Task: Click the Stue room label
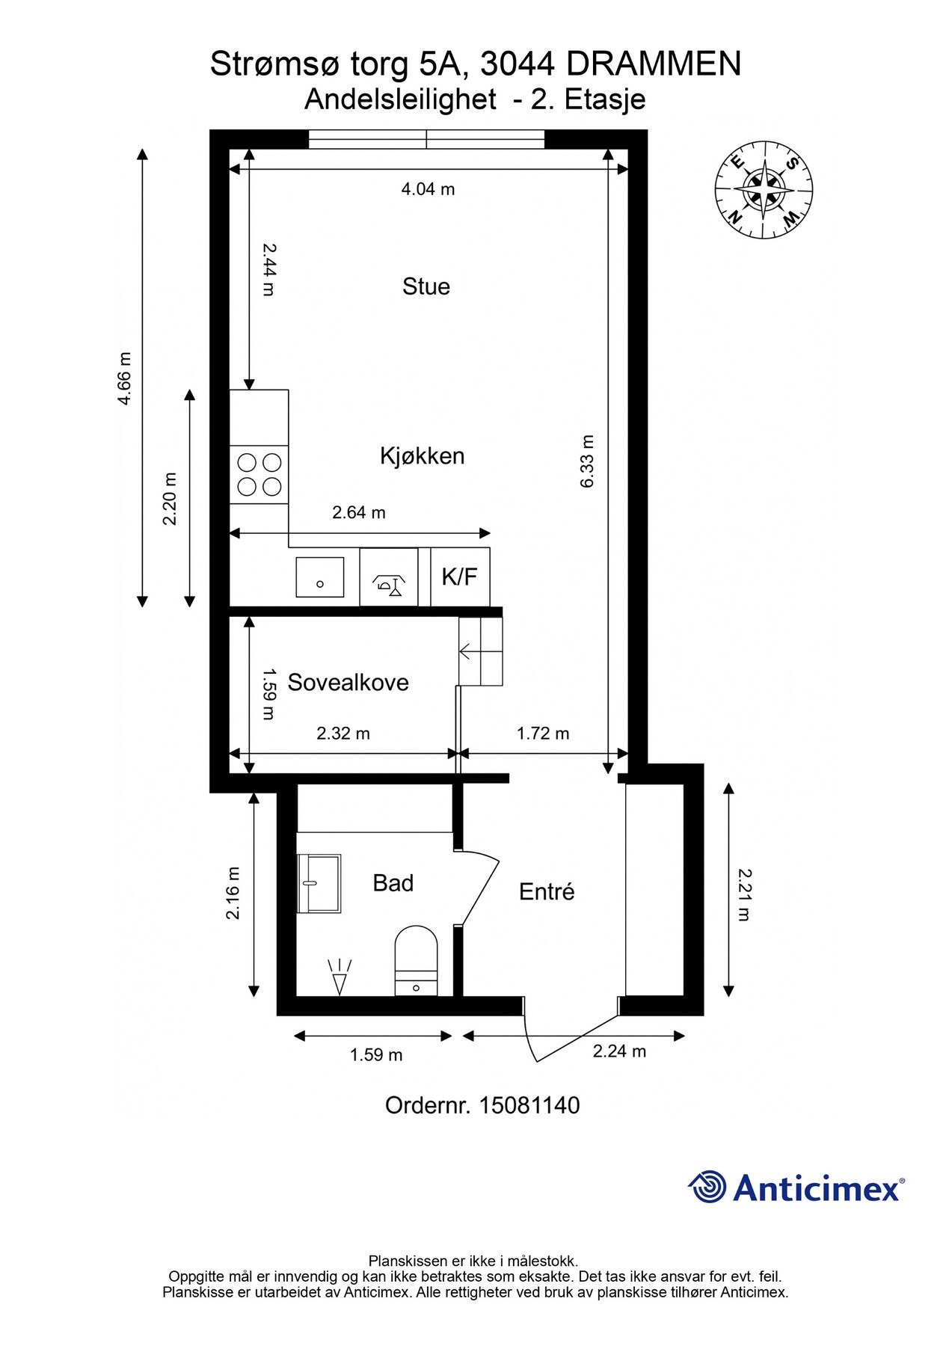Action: point(426,286)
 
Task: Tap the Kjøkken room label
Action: point(423,455)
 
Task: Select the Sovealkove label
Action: point(348,682)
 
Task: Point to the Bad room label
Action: point(393,883)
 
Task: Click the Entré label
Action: point(547,891)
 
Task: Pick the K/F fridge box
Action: point(460,577)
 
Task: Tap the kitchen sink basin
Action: point(320,577)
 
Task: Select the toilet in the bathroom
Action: point(416,961)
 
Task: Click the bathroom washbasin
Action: point(319,884)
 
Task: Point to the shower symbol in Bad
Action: point(340,977)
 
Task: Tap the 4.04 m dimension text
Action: point(428,189)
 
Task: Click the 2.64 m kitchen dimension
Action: point(359,513)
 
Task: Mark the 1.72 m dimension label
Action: point(543,734)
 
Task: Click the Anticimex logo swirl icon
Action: point(707,1187)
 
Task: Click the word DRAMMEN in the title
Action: point(654,64)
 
